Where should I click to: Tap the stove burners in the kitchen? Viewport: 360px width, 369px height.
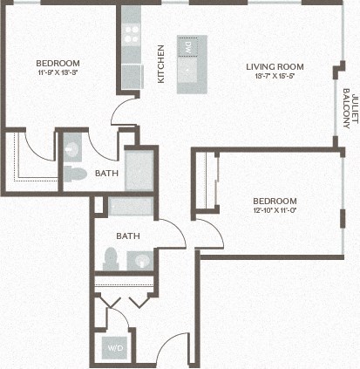(x=132, y=33)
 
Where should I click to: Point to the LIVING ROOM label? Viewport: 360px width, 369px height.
(x=274, y=66)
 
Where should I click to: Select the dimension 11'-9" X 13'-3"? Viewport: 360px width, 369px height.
(x=58, y=72)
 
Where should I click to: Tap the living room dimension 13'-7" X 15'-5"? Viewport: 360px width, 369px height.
(x=274, y=77)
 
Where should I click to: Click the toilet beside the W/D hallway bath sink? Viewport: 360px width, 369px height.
(x=111, y=257)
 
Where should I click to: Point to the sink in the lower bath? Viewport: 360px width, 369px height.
(x=140, y=259)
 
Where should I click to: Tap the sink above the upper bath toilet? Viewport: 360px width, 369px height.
(x=71, y=144)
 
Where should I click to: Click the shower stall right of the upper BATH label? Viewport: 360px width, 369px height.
(x=139, y=171)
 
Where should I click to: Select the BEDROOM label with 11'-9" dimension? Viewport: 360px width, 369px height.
(x=58, y=63)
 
